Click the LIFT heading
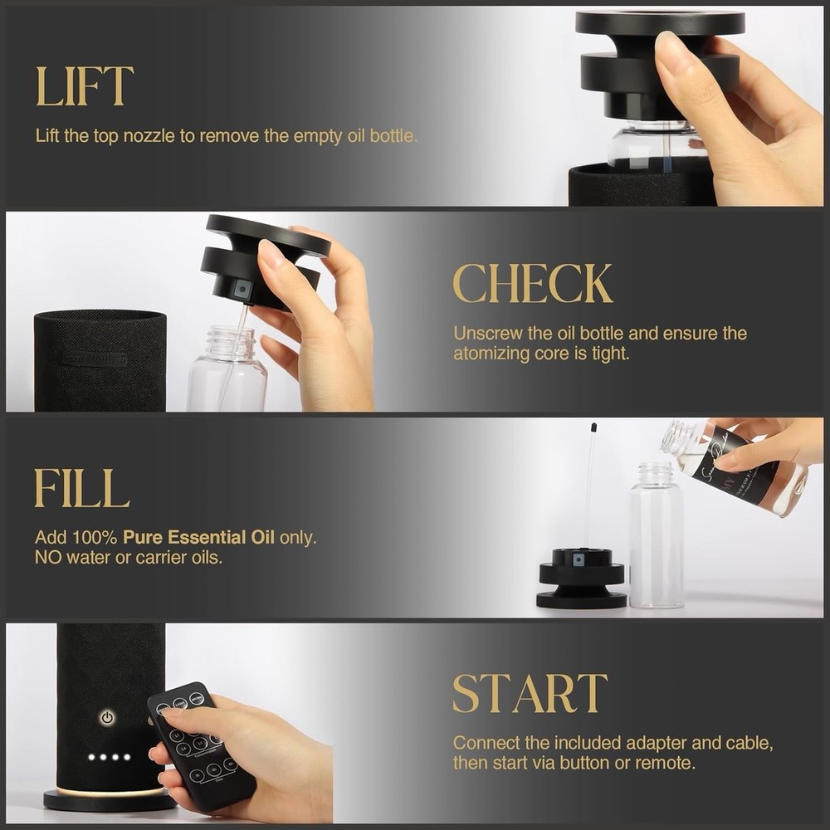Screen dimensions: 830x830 pos(84,86)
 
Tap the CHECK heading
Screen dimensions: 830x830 pos(532,284)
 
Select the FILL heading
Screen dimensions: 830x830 pos(81,488)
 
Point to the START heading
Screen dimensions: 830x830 pos(530,694)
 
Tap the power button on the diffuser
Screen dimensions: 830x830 pos(107,716)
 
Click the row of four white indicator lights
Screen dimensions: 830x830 pos(110,757)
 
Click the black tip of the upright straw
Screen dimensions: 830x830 pos(593,429)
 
